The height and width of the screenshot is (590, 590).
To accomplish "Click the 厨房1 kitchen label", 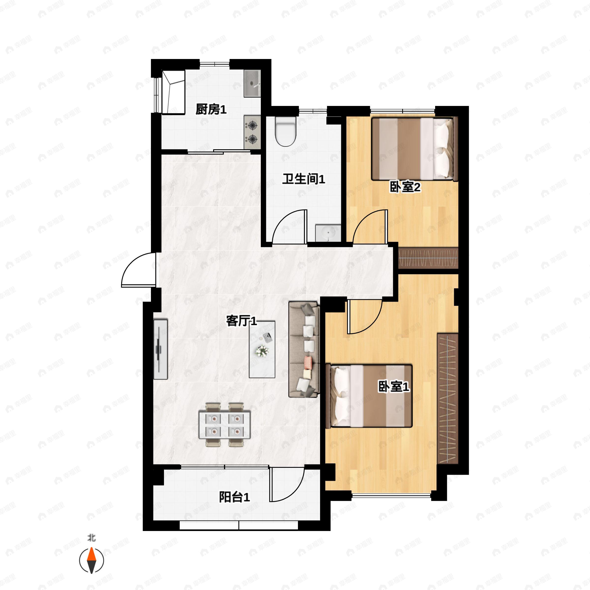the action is pyautogui.click(x=211, y=109).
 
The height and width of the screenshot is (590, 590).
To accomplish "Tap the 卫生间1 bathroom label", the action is pyautogui.click(x=304, y=179).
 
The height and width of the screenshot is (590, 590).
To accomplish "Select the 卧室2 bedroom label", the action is pyautogui.click(x=405, y=187).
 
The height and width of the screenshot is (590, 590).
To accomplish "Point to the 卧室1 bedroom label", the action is pyautogui.click(x=394, y=387).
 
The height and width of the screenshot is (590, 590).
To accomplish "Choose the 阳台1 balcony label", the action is pyautogui.click(x=235, y=497).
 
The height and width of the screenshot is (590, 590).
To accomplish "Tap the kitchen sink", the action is pyautogui.click(x=252, y=83).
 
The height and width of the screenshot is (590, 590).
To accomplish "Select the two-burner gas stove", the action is pyautogui.click(x=252, y=133).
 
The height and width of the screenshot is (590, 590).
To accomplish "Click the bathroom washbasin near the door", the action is pyautogui.click(x=328, y=233).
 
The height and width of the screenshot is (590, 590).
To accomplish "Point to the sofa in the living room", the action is pyautogui.click(x=304, y=349).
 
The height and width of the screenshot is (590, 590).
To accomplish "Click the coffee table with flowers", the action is pyautogui.click(x=262, y=349).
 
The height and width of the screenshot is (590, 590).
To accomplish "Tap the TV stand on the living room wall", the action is pyautogui.click(x=160, y=349).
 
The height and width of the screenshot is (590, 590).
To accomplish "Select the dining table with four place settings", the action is pyautogui.click(x=224, y=425).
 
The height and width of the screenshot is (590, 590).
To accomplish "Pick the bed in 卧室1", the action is pyautogui.click(x=369, y=396).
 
